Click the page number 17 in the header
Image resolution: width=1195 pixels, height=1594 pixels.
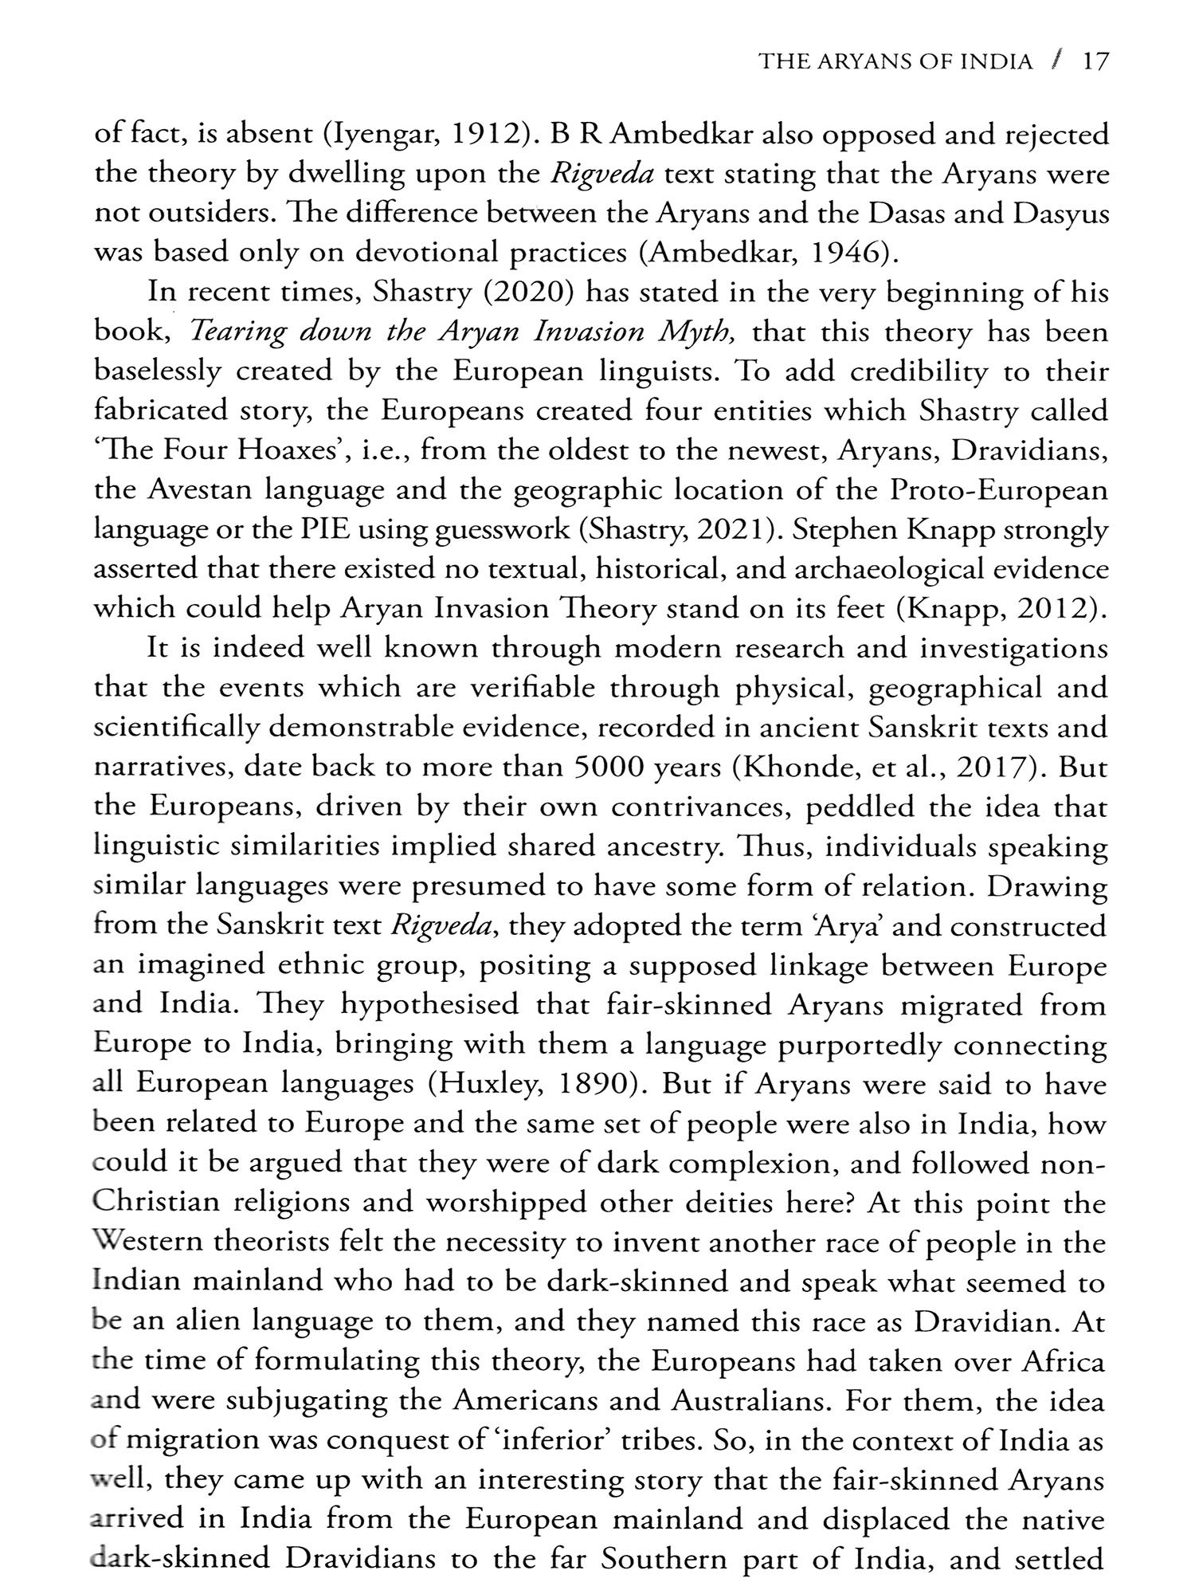(1095, 61)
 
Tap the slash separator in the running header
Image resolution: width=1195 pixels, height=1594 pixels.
(1057, 61)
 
